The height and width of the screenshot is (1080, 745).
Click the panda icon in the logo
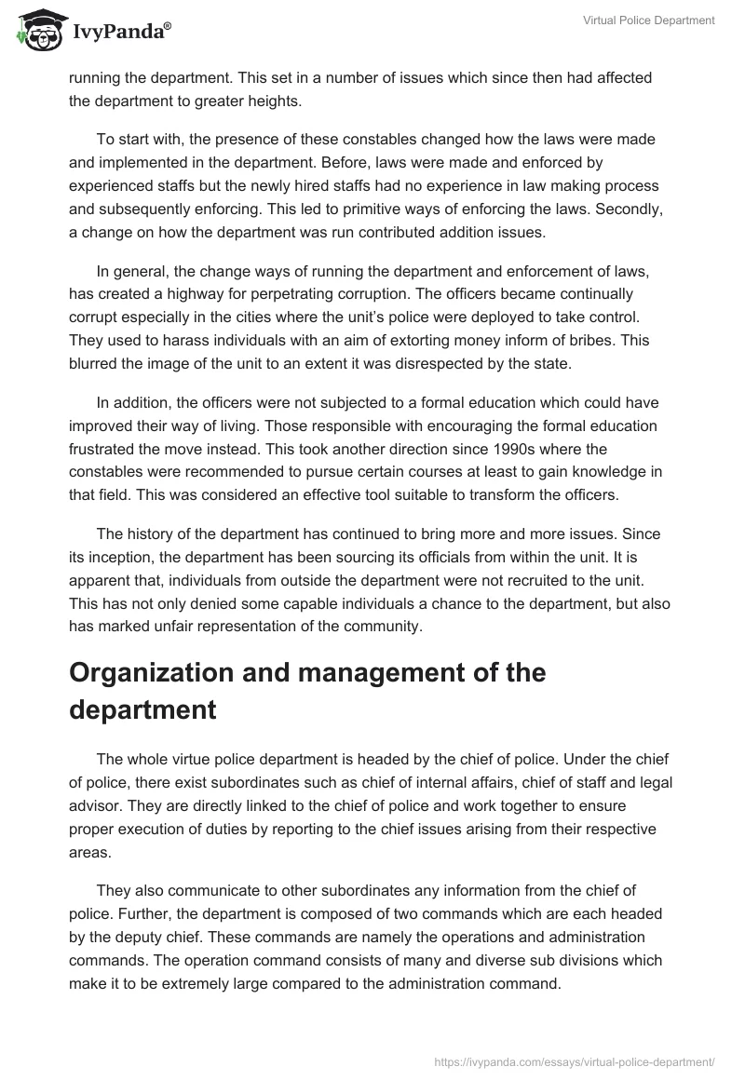(x=37, y=31)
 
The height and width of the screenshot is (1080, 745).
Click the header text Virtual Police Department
(x=648, y=20)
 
